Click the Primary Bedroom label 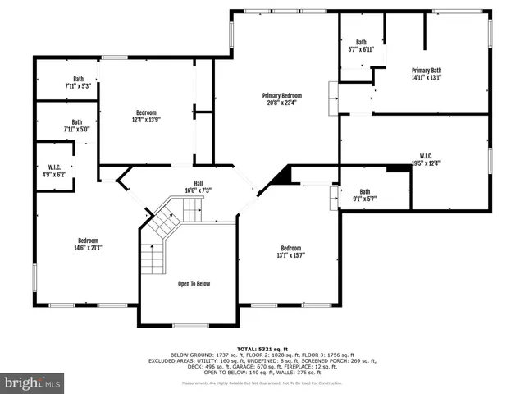(x=281, y=95)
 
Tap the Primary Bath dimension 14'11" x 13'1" (x=427, y=79)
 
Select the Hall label (x=198, y=182)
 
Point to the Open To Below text (x=194, y=284)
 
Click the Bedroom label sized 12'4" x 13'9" (x=146, y=112)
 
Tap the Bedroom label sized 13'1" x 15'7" (x=291, y=249)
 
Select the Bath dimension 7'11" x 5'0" (x=76, y=129)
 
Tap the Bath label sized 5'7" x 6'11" (x=361, y=42)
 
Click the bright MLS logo (x=33, y=383)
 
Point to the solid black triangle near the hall (x=281, y=175)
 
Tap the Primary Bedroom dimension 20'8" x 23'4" (x=281, y=103)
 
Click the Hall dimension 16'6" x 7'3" (x=198, y=190)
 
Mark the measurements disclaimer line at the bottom (x=262, y=383)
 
